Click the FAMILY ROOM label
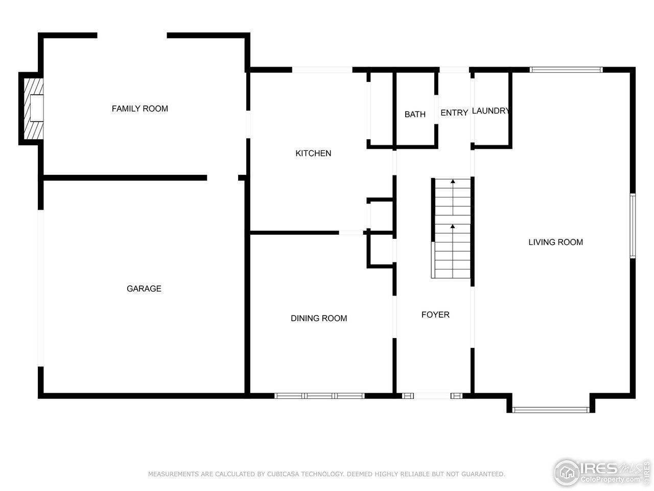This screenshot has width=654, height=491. coord(139,108)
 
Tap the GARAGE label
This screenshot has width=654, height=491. coord(144,288)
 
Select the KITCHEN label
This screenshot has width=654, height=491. coord(313,153)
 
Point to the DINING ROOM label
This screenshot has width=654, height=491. coord(319,318)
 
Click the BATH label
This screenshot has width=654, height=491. coord(415,114)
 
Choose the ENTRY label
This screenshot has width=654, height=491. coord(454,113)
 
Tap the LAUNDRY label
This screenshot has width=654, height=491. coord(491,111)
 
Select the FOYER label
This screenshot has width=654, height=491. coord(435,315)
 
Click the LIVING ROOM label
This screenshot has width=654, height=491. coord(555,242)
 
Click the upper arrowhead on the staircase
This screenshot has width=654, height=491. coord(453,182)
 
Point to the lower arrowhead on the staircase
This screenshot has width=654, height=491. coord(453,226)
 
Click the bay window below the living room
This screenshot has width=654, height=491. coord(551,409)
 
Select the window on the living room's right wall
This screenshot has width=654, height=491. coord(632,226)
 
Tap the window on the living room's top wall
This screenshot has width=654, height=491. coord(566,70)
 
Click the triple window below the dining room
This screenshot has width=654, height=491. coord(319,395)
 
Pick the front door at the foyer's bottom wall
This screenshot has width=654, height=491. coord(432,395)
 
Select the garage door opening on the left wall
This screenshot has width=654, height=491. coord(40,288)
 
